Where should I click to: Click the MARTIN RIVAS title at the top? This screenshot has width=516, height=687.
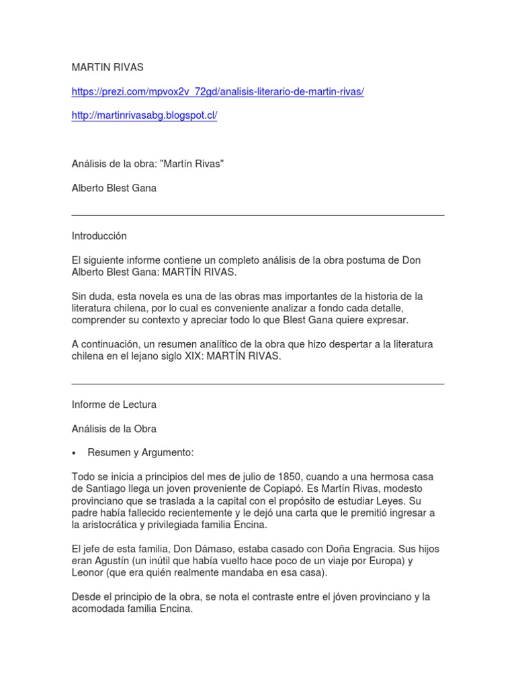(107, 67)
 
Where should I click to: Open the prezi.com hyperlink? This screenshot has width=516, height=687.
(218, 91)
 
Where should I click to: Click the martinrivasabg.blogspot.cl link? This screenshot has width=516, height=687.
(144, 115)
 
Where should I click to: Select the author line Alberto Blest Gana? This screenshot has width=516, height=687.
(114, 188)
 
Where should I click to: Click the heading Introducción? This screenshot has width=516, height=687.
(99, 236)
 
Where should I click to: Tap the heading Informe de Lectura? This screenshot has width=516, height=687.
(114, 405)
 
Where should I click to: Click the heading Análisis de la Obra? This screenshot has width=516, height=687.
(114, 429)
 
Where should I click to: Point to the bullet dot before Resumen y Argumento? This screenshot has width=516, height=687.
(75, 453)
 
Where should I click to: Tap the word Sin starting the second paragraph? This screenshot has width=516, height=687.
(80, 296)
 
